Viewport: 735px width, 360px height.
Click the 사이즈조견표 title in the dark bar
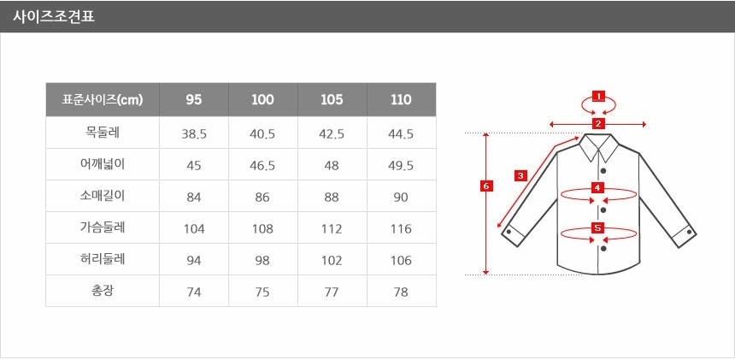[54, 17]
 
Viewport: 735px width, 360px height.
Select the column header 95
[194, 100]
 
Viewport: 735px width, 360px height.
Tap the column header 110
[401, 100]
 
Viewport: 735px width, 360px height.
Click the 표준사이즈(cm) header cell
[103, 100]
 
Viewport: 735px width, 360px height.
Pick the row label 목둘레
[103, 133]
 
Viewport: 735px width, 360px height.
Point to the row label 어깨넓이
[103, 164]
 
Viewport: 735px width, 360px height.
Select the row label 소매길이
[103, 196]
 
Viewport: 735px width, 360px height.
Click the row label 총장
[103, 291]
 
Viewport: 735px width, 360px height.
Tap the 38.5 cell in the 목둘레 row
[194, 134]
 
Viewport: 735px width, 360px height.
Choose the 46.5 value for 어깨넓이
[262, 166]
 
